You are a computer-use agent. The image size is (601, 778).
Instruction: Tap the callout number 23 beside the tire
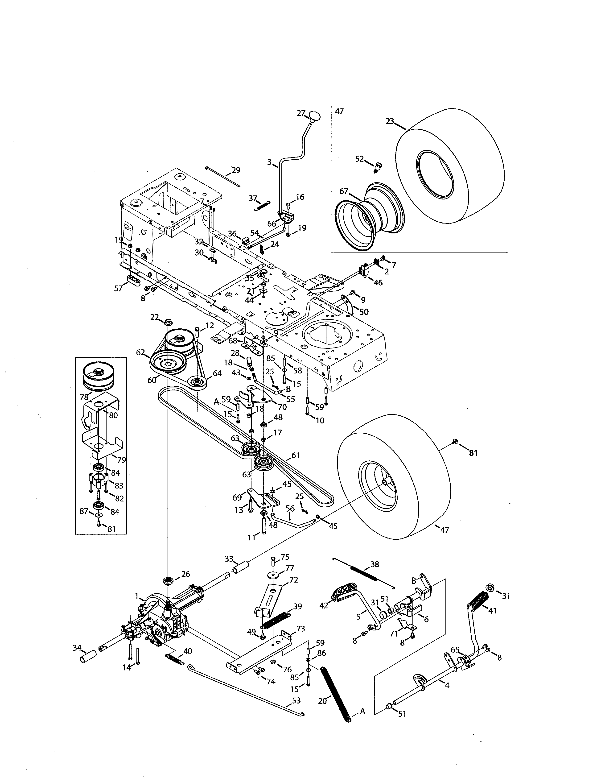390,121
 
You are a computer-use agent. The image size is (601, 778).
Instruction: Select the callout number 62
141,353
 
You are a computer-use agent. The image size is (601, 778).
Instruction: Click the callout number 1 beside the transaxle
136,595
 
